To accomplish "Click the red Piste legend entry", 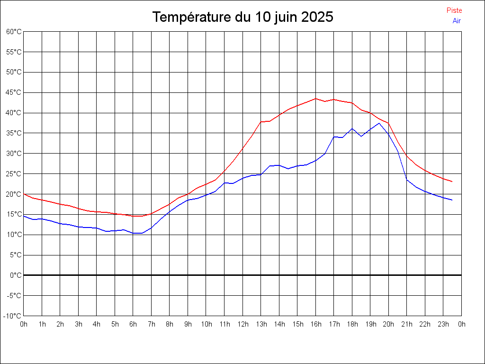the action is pos(454,10).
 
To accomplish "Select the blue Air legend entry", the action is pos(457,21).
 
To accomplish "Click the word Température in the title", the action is pos(192,17).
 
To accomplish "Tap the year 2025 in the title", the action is pos(317,17).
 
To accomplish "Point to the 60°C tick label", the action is pos(14,32).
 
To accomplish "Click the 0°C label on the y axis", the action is pos(16,275).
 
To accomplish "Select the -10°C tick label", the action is pos(12,316).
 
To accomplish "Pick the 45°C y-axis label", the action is pos(14,92).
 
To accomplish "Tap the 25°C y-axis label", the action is pos(14,174).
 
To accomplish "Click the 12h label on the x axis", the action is pos(243,324).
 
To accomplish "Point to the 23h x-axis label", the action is pos(443,324).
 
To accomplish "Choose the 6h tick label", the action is pos(133,324).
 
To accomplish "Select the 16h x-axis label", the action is pos(315,324).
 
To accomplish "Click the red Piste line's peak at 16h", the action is pos(315,99).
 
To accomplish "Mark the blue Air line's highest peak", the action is pos(379,123).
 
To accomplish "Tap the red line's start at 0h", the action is pos(24,194).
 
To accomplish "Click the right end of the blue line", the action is pos(452,200).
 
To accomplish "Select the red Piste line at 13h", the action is pos(261,122).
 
